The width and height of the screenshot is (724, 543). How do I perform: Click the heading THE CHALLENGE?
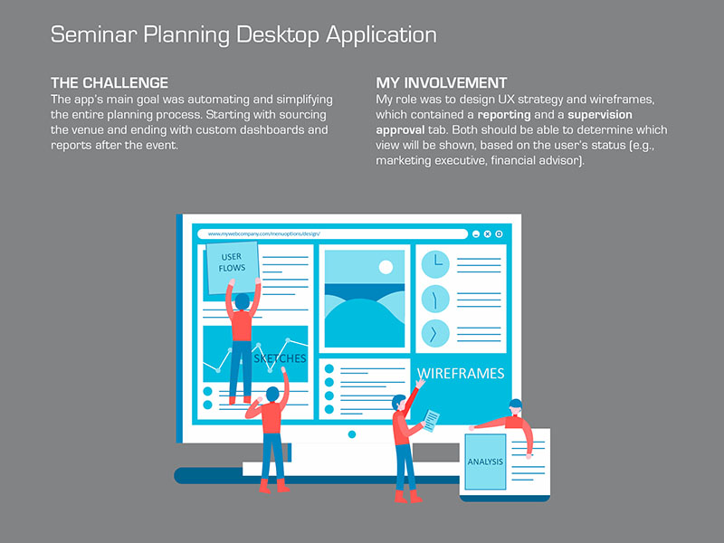110,83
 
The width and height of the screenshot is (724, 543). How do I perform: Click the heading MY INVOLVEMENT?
442,83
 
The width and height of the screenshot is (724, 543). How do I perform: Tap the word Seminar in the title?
94,34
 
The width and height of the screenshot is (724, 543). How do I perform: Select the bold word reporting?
504,115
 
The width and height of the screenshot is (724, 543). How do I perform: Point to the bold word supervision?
600,115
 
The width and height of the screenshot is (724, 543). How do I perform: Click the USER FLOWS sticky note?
233,268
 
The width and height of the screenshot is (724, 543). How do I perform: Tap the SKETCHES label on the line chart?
280,358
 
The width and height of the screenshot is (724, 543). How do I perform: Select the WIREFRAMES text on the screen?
461,373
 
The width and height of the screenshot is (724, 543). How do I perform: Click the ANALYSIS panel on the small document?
485,462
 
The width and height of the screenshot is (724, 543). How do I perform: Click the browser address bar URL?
263,233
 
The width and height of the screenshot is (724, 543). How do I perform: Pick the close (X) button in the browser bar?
487,234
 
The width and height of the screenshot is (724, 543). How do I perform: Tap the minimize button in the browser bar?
476,234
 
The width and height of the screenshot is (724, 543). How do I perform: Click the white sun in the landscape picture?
386,267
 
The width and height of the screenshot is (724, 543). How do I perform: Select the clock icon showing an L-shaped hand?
435,264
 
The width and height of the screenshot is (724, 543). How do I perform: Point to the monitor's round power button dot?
352,434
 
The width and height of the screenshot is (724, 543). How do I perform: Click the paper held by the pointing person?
432,421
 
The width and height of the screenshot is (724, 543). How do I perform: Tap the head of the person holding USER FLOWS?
242,302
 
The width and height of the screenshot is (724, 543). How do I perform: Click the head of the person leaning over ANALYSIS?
515,406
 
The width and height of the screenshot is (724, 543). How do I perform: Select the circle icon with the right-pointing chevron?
435,333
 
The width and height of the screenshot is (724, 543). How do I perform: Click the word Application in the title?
381,34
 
